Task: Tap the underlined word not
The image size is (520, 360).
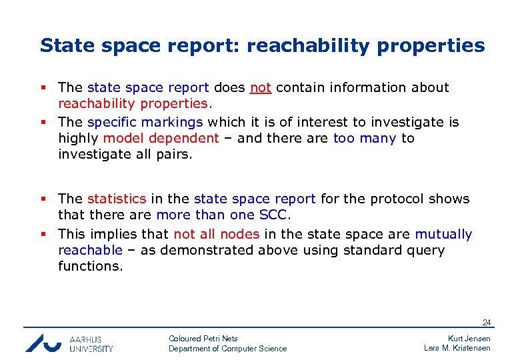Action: (260, 87)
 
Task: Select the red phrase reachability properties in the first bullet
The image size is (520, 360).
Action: (133, 103)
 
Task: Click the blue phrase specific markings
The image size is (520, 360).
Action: (145, 122)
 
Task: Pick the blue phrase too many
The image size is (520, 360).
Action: (364, 138)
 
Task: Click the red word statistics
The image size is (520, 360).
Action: (116, 199)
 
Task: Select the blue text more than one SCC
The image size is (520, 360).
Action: (223, 215)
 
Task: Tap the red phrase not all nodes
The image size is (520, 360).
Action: (216, 234)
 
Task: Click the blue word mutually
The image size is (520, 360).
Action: (443, 234)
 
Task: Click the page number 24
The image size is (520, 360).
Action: (487, 323)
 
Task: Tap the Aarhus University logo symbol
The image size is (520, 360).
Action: (44, 343)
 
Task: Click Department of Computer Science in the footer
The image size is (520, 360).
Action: (227, 349)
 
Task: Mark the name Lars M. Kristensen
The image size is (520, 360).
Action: (457, 348)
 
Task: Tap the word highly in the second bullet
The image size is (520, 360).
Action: (79, 138)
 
